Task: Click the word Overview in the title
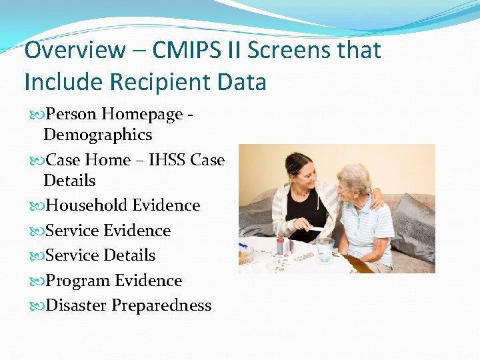click(74, 50)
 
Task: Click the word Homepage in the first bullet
click(141, 114)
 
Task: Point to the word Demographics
click(97, 135)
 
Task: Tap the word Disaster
click(75, 305)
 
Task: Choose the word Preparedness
click(161, 305)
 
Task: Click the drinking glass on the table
click(324, 250)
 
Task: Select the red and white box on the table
click(283, 246)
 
